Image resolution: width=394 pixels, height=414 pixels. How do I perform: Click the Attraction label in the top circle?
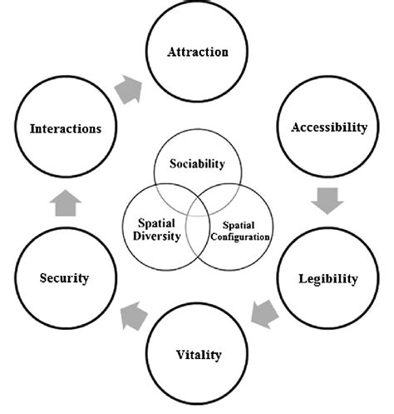click(x=198, y=52)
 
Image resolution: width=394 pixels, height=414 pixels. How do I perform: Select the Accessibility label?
click(x=329, y=128)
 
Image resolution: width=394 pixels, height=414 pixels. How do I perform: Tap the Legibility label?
click(x=328, y=277)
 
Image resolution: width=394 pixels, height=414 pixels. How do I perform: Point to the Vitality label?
click(x=199, y=355)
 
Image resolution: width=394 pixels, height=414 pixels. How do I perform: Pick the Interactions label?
click(x=66, y=128)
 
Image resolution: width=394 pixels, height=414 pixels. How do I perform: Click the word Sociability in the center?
click(x=197, y=164)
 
